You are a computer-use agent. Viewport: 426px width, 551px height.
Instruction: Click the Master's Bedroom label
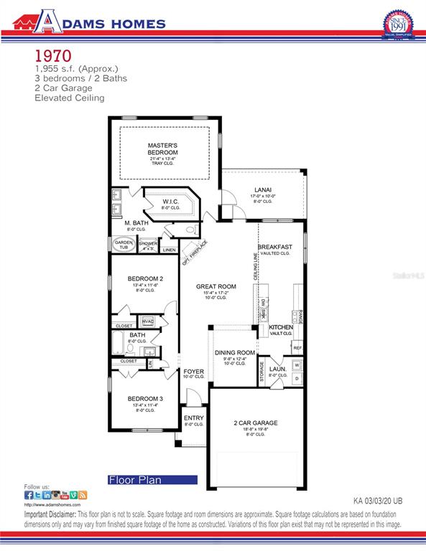point(162,149)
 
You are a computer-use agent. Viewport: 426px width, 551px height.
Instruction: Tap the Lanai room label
point(260,190)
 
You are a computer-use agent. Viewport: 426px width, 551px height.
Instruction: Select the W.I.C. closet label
point(170,202)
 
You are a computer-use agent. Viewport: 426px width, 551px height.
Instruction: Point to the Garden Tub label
point(121,245)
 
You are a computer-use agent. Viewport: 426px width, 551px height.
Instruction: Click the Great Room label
point(216,286)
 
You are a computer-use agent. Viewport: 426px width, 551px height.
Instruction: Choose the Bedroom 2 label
point(146,278)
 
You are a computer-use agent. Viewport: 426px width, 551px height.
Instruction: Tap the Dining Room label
point(236,353)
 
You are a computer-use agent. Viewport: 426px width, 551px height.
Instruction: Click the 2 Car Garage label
point(256,423)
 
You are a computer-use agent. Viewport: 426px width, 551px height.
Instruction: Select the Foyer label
point(193,372)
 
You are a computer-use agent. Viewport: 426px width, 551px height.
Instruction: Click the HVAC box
point(148,321)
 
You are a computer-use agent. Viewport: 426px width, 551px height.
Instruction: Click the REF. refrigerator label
point(297,348)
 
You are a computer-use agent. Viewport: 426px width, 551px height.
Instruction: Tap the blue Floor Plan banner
point(152,479)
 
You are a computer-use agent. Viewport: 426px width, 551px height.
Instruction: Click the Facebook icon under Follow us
point(29,495)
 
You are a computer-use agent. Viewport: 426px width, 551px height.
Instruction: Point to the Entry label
point(194,418)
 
